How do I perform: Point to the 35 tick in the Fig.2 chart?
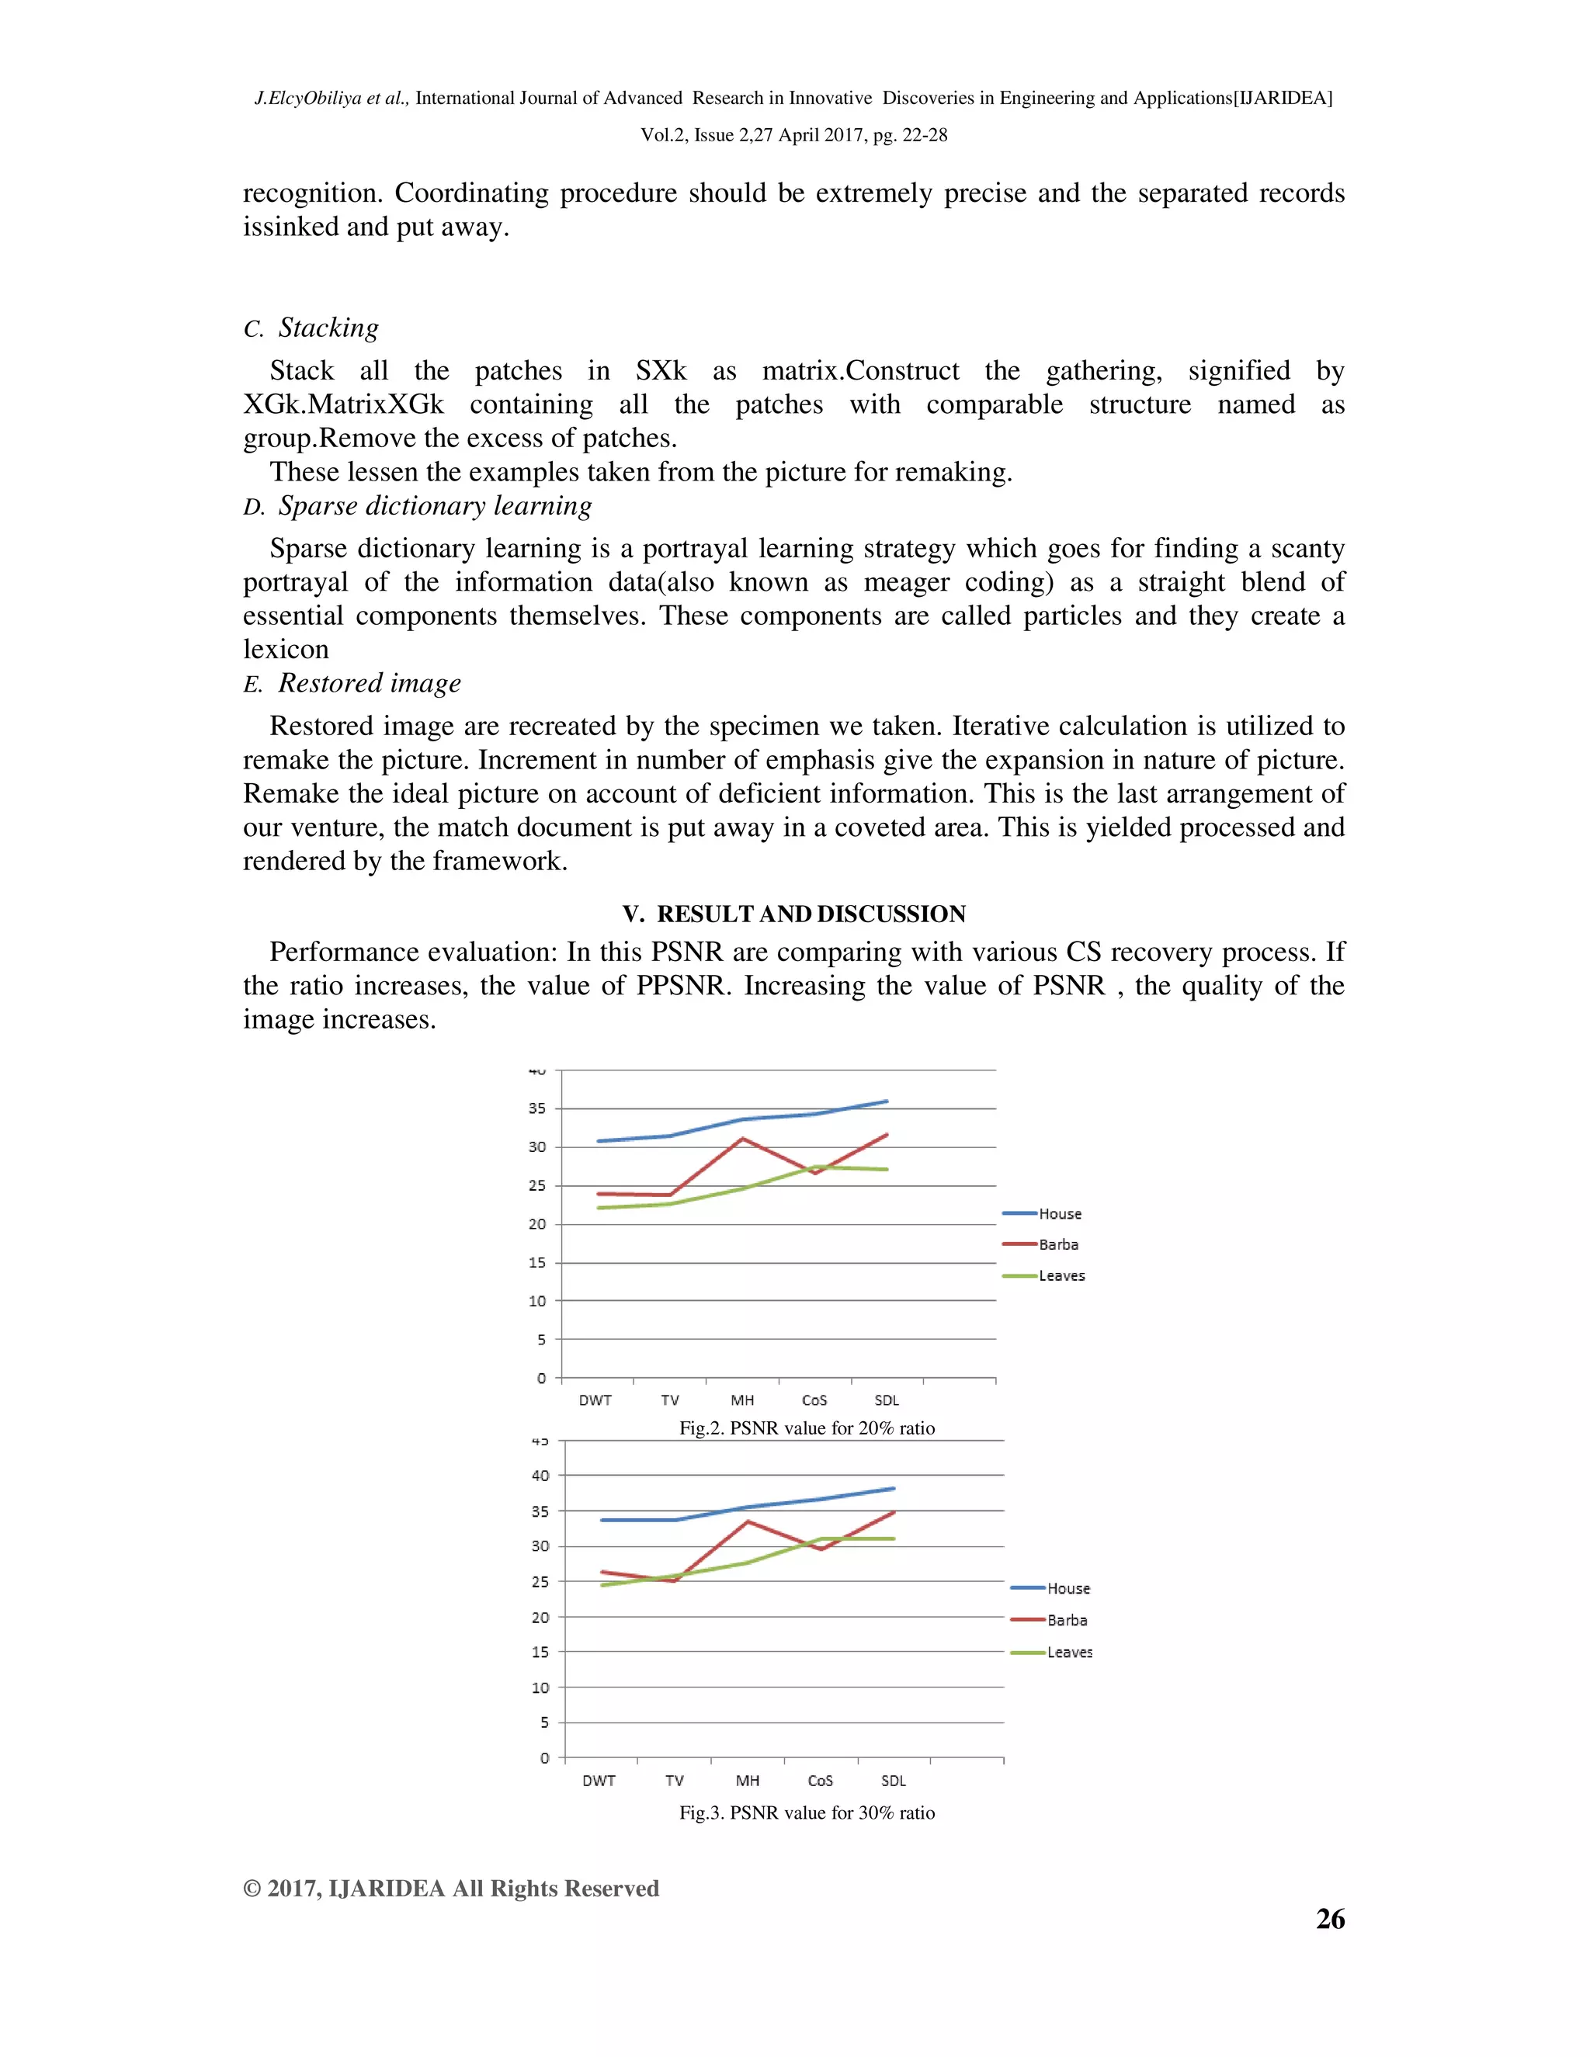coord(537,1108)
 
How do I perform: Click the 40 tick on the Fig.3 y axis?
coord(540,1476)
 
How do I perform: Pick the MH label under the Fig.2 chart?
coord(742,1400)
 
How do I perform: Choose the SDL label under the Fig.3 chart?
coord(893,1781)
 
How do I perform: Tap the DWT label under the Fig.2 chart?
coord(595,1400)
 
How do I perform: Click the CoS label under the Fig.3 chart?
coord(821,1781)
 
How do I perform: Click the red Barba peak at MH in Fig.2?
coord(742,1139)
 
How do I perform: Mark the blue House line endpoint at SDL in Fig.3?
coord(893,1489)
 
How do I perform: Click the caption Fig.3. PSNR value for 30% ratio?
coord(807,1813)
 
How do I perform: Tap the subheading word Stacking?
coord(328,328)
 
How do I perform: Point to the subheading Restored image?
coord(370,683)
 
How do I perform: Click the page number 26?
coord(1329,1920)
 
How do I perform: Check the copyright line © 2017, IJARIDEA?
coord(450,1889)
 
